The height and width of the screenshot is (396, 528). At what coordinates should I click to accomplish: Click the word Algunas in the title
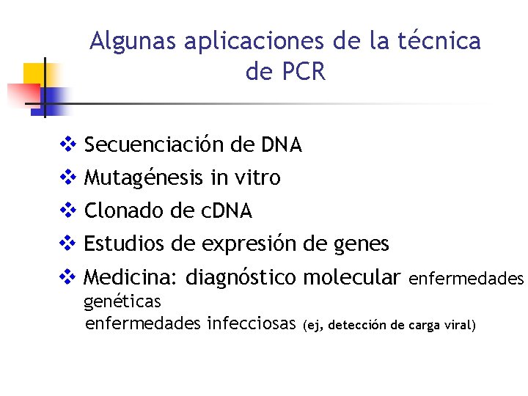pos(133,41)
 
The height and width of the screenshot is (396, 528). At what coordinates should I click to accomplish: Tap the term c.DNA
pos(226,211)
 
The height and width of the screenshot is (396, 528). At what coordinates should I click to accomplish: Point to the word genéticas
pos(122,301)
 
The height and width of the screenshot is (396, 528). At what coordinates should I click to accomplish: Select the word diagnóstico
pos(241,278)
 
